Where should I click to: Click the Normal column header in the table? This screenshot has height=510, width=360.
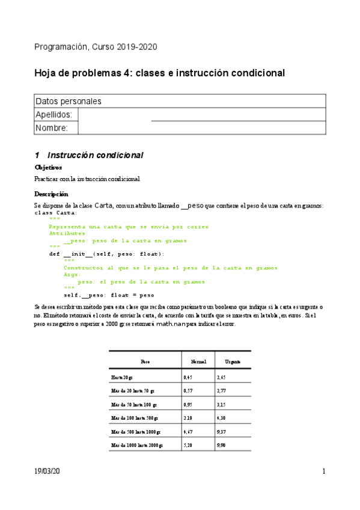(198, 362)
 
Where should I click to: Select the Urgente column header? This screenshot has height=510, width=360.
(233, 362)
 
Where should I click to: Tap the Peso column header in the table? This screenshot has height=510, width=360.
(145, 362)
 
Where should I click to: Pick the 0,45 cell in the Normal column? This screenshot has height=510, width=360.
(188, 377)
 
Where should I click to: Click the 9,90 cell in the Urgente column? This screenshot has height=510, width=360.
(221, 446)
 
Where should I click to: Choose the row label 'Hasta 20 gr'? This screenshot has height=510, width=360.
(124, 377)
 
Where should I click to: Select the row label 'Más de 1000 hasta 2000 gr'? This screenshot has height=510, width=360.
(136, 446)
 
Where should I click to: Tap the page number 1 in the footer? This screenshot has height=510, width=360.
(323, 472)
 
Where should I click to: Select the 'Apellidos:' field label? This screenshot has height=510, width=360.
(54, 114)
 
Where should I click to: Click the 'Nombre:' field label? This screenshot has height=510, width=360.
(52, 128)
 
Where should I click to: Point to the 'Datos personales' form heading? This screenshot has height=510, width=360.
(69, 101)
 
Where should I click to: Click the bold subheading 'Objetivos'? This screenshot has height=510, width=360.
(48, 168)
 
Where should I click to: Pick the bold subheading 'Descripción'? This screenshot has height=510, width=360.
(52, 194)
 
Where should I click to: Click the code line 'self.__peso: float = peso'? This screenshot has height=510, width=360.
(109, 295)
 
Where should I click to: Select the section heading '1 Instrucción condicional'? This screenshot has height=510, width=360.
(89, 155)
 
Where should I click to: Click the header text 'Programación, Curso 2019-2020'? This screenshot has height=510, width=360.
(96, 47)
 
